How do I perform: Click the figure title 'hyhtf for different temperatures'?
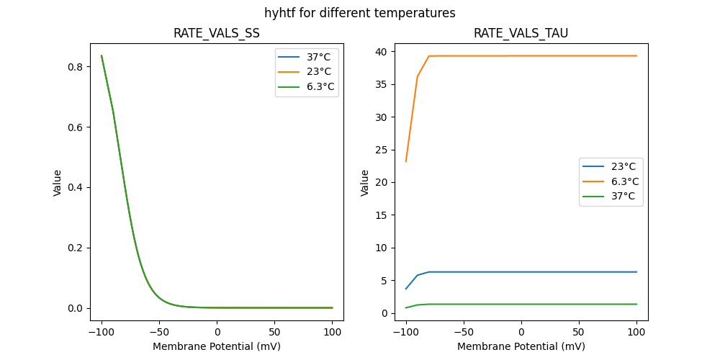[359, 13]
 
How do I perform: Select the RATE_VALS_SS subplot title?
[216, 34]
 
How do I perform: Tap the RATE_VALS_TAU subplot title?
[521, 34]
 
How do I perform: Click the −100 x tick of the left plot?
[101, 332]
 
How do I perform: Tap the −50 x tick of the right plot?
[463, 332]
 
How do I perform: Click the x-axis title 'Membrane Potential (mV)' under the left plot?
[216, 346]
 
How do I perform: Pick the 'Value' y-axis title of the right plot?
[365, 183]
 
